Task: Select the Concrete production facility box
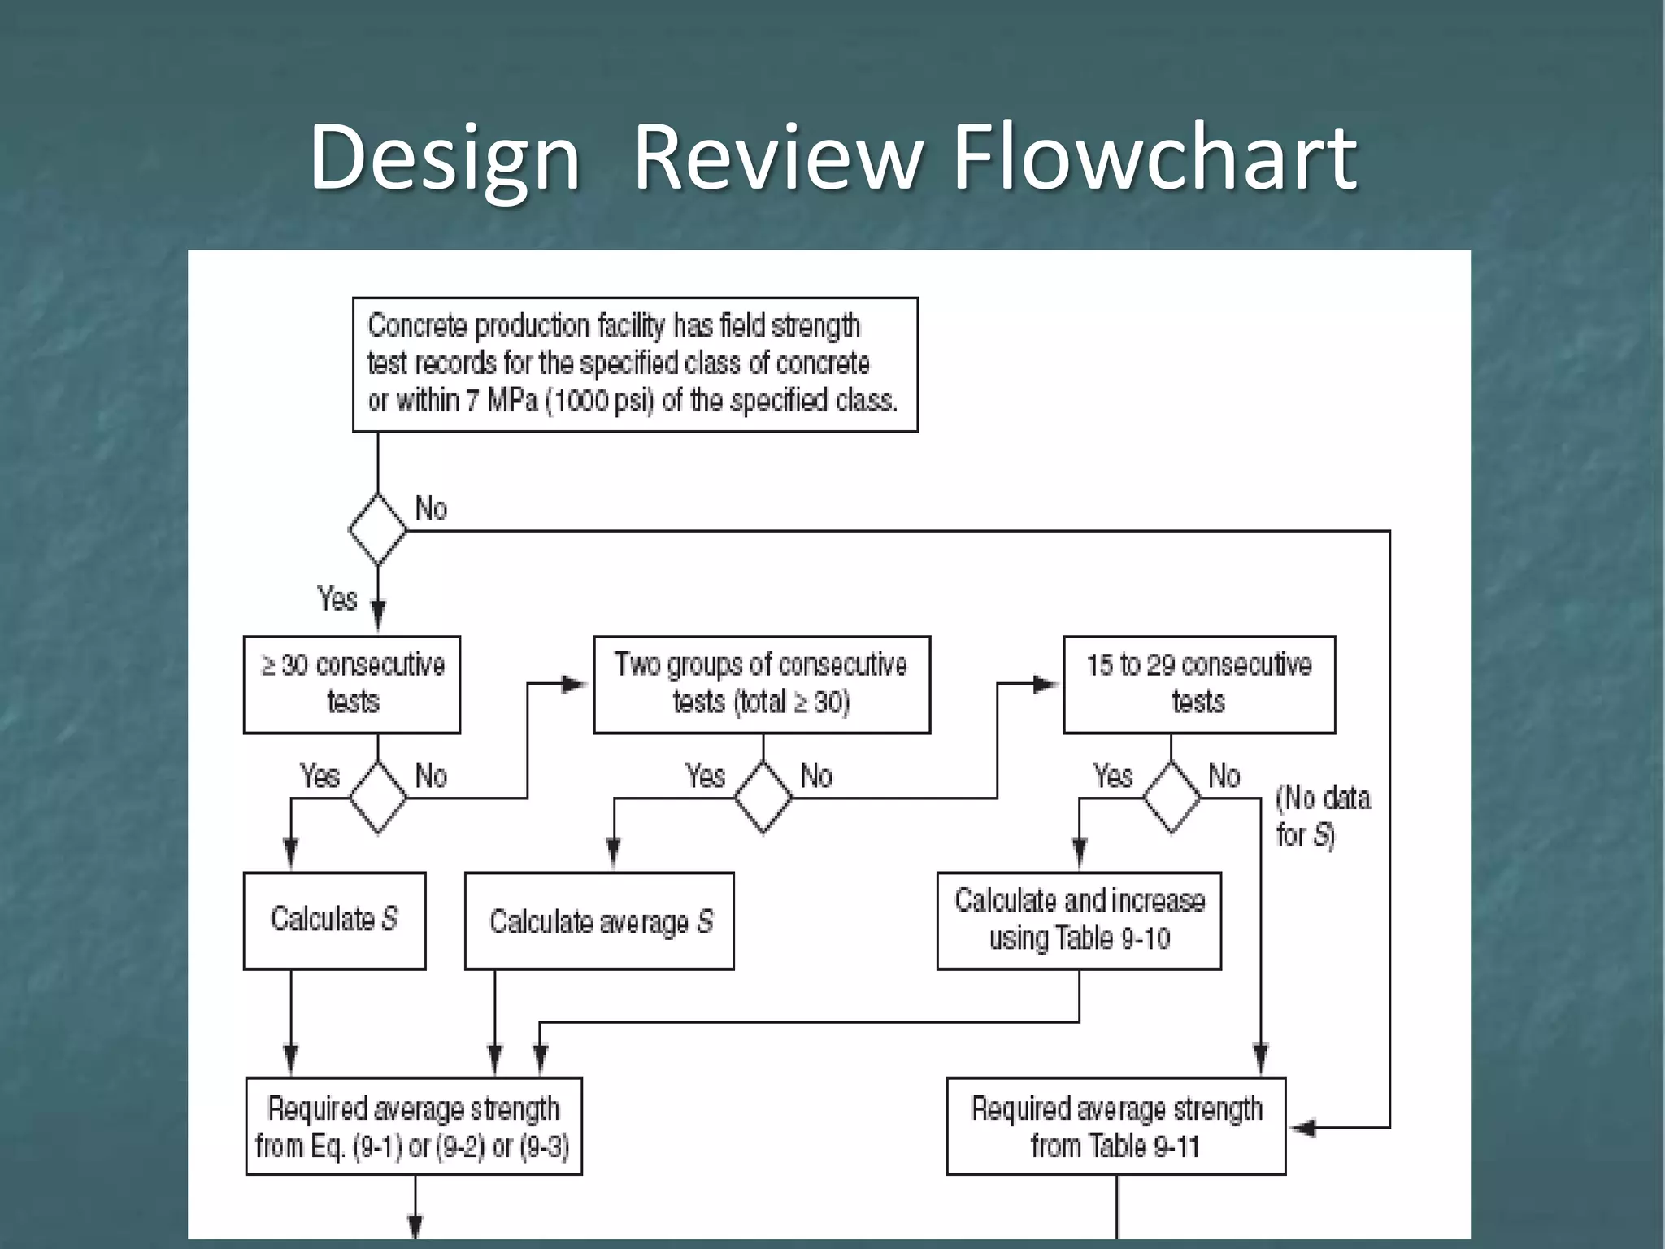(x=634, y=364)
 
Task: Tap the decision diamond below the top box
(x=377, y=529)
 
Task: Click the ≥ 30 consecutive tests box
(x=352, y=685)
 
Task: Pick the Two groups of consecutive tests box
(x=762, y=685)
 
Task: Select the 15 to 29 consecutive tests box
(x=1199, y=685)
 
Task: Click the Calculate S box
(x=334, y=920)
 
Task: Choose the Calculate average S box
(x=599, y=921)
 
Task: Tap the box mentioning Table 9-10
(x=1079, y=920)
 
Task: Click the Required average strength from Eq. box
(x=413, y=1126)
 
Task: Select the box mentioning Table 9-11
(x=1115, y=1126)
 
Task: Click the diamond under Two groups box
(x=763, y=798)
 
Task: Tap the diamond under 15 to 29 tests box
(x=1171, y=798)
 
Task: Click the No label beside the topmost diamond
(x=431, y=509)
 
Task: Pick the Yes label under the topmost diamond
(x=337, y=599)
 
